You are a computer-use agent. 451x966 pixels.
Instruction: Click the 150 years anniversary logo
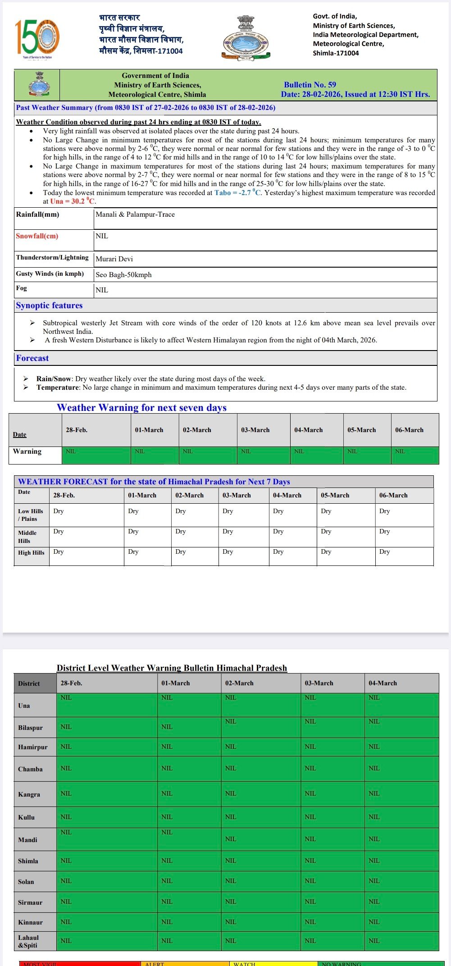(37, 38)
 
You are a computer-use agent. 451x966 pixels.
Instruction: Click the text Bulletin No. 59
(310, 85)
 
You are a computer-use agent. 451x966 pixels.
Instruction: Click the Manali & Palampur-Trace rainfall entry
(135, 214)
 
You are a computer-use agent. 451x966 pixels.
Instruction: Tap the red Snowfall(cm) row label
(37, 236)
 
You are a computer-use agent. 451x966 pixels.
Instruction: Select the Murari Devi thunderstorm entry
(114, 259)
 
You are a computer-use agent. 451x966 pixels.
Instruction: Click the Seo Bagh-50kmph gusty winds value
(123, 275)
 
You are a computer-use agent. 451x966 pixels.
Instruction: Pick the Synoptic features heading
(50, 305)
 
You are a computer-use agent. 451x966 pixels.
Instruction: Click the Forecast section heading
(32, 358)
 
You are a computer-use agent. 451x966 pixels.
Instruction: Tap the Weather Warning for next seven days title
(141, 408)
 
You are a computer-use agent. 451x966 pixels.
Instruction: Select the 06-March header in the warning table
(409, 430)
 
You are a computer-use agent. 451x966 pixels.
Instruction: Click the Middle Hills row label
(27, 537)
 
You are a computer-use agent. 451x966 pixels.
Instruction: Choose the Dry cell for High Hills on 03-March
(228, 551)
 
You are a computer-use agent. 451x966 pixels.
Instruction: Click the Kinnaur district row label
(30, 922)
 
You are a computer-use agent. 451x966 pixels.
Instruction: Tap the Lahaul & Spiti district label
(28, 941)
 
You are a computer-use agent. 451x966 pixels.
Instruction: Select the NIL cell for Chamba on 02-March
(231, 768)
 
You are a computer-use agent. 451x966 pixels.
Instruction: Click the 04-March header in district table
(383, 683)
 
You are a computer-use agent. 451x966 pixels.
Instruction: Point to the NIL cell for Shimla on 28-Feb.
(66, 861)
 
